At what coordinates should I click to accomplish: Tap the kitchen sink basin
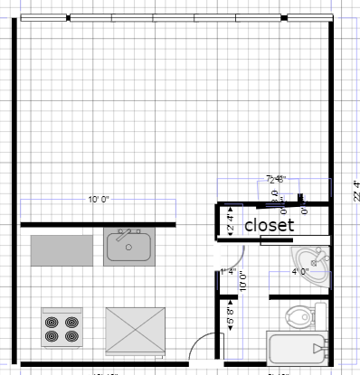click(x=128, y=248)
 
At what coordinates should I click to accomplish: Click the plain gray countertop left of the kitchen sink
click(x=62, y=249)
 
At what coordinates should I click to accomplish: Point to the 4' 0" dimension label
click(x=300, y=270)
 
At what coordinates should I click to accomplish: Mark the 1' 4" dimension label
click(x=228, y=271)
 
